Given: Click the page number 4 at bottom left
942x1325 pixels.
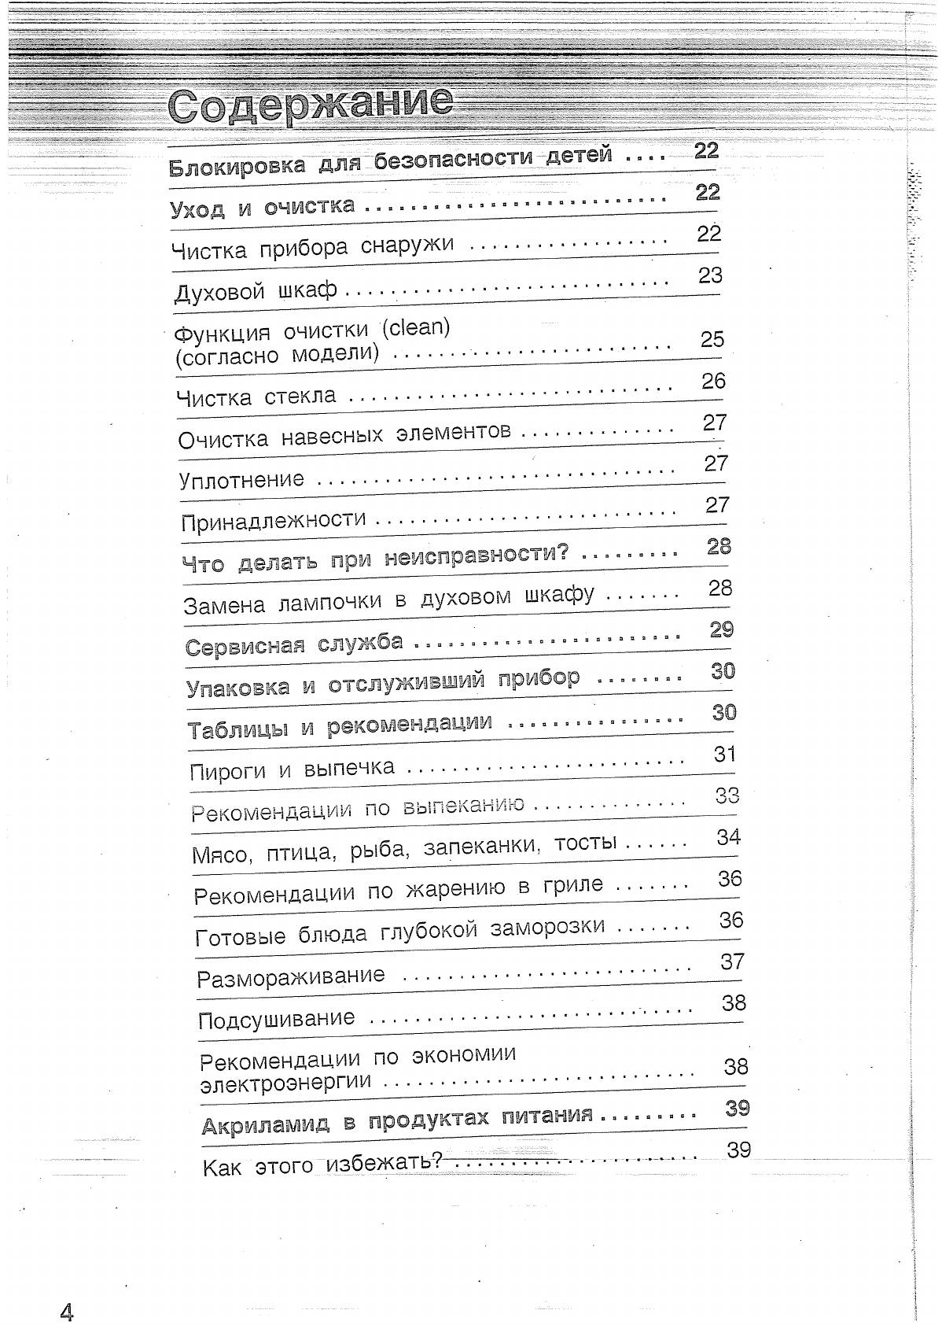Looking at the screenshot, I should pos(66,1312).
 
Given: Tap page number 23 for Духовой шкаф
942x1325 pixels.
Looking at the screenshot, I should pos(710,275).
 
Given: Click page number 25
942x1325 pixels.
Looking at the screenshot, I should pos(712,339).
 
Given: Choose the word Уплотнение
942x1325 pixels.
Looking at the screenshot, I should pos(241,479).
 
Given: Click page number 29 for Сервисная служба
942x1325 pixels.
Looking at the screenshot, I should pos(721,629).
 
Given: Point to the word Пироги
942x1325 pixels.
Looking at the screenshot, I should pos(228,771).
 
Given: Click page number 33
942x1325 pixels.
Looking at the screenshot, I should pos(727,795).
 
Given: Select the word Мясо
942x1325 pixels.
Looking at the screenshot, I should pos(220,854).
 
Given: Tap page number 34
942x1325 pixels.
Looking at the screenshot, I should pos(728,837).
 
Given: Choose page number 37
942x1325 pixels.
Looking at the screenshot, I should pos(732,961).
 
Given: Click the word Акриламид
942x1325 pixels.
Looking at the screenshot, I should pos(265,1124).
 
